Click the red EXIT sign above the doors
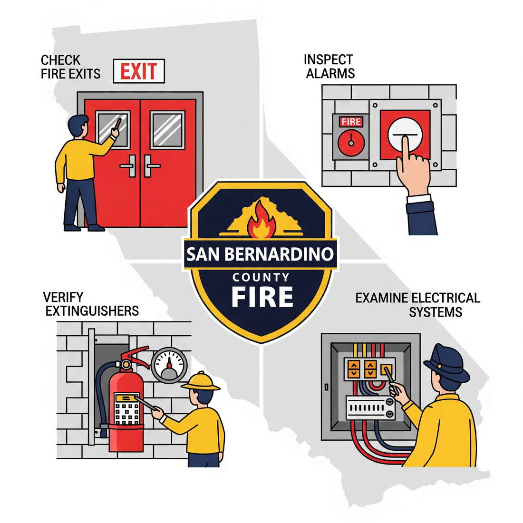click(138, 71)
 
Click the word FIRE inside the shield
click(262, 297)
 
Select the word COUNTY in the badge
click(261, 277)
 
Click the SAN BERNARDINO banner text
click(260, 254)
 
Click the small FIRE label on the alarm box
click(351, 122)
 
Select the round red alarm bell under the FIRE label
click(351, 141)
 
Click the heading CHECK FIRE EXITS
click(70, 67)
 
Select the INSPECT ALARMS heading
click(329, 67)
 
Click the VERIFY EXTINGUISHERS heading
click(90, 304)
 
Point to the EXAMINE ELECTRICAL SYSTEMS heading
click(418, 305)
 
